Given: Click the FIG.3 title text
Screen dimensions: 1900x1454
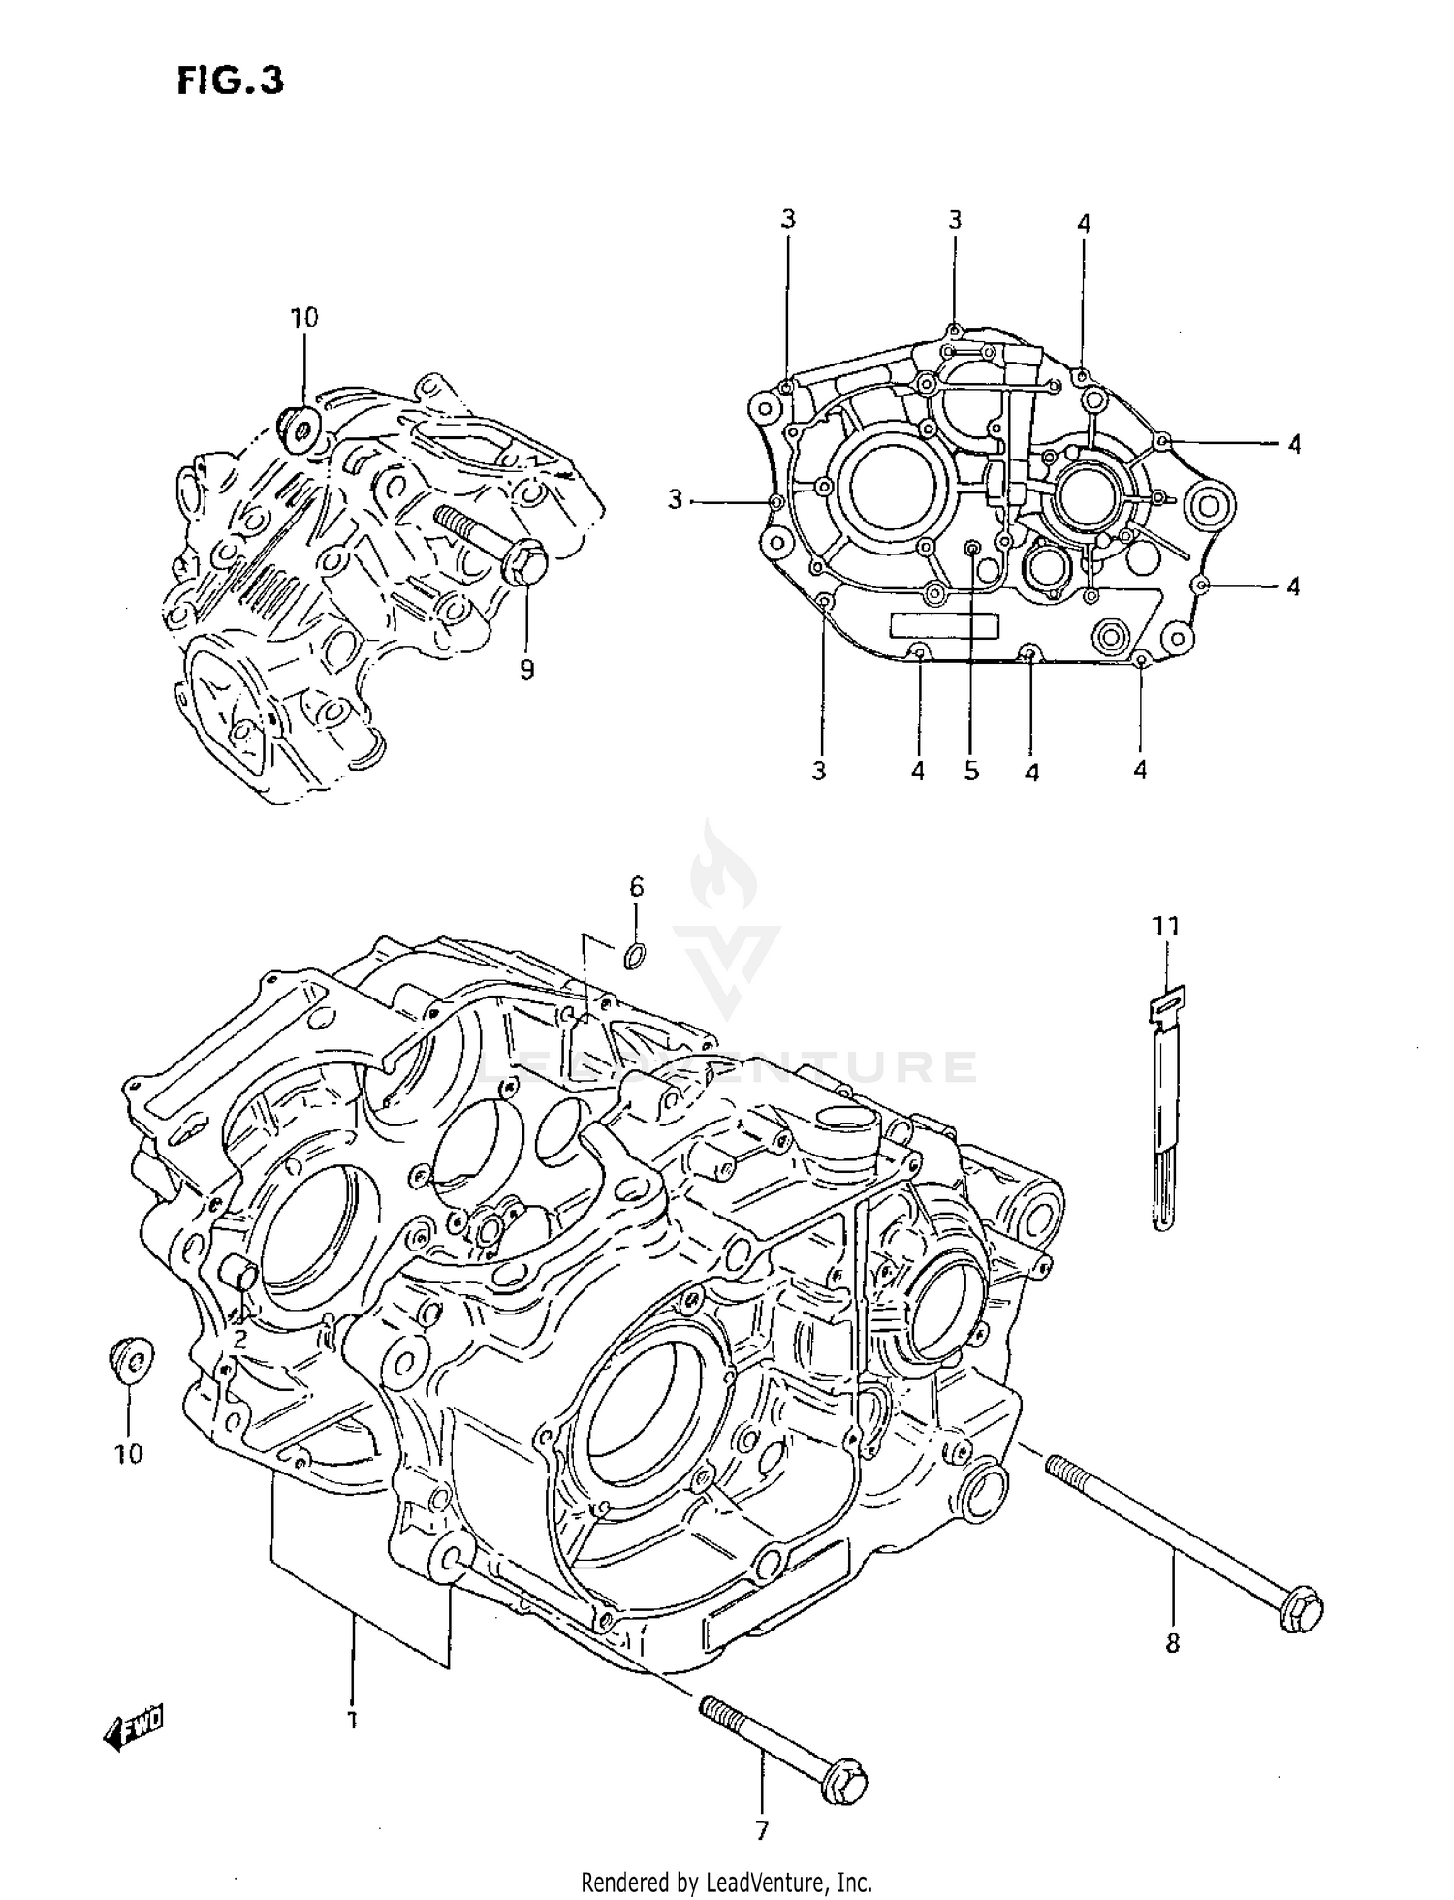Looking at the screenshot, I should [x=230, y=80].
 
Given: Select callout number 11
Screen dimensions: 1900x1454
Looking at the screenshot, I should [x=1165, y=927].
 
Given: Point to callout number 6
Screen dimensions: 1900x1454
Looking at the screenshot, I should [x=636, y=886].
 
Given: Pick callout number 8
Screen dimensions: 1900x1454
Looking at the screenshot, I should [x=1172, y=1643].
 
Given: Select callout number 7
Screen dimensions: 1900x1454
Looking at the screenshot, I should [x=762, y=1830].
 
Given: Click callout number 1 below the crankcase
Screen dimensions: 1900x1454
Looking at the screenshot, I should [x=352, y=1721].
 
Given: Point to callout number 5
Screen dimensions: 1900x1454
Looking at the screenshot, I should [x=971, y=771].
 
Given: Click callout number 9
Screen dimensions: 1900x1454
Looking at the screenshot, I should [x=526, y=670].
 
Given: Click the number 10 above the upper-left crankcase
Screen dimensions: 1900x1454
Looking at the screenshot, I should [x=303, y=317].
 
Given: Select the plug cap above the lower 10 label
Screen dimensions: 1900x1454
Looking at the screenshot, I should [x=132, y=1358].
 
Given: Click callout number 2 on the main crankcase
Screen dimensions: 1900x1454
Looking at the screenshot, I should [x=239, y=1339].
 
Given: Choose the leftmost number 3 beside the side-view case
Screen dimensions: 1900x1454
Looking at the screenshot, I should [x=676, y=500].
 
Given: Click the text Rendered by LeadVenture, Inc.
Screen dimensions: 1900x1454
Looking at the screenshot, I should [x=726, y=1883].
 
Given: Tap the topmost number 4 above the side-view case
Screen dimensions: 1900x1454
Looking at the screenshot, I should [x=1083, y=224].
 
